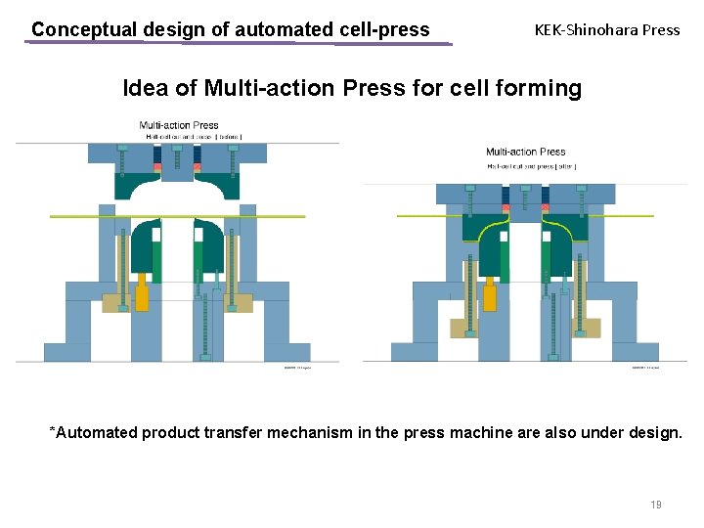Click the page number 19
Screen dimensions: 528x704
tap(655, 505)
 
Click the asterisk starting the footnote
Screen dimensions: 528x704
tap(53, 431)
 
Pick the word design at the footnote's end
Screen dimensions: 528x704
tap(653, 432)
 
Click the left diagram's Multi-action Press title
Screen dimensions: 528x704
tap(179, 125)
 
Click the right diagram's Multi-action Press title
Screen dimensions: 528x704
tap(525, 152)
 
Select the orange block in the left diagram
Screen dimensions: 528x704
tap(142, 293)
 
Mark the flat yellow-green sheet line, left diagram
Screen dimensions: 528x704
tap(78, 216)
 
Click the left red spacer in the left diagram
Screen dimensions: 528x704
tap(157, 167)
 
